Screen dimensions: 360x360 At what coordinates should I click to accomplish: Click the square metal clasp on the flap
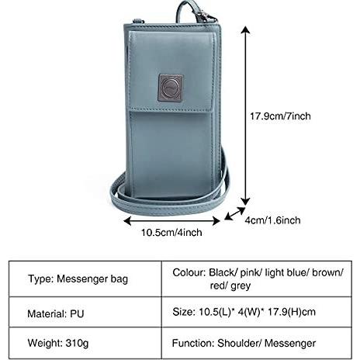pos(171,88)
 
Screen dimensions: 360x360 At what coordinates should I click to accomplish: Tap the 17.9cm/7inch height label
pos(280,116)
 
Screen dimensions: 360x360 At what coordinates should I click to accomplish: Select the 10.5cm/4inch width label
pos(171,233)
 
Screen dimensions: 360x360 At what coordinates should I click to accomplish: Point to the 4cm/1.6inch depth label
pos(272,220)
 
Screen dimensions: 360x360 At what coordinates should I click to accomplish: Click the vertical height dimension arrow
pos(245,116)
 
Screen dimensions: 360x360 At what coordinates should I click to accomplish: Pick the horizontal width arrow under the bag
pos(171,221)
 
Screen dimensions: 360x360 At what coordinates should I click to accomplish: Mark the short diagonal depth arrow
pos(234,213)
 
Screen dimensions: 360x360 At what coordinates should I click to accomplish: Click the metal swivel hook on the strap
pos(206,16)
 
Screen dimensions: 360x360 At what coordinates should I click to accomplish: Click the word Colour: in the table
pos(189,272)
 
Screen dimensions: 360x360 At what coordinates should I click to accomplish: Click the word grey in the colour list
pos(241,286)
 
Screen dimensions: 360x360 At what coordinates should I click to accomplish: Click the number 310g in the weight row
pos(77,344)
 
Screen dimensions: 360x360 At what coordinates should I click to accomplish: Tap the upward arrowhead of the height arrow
pos(245,29)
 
